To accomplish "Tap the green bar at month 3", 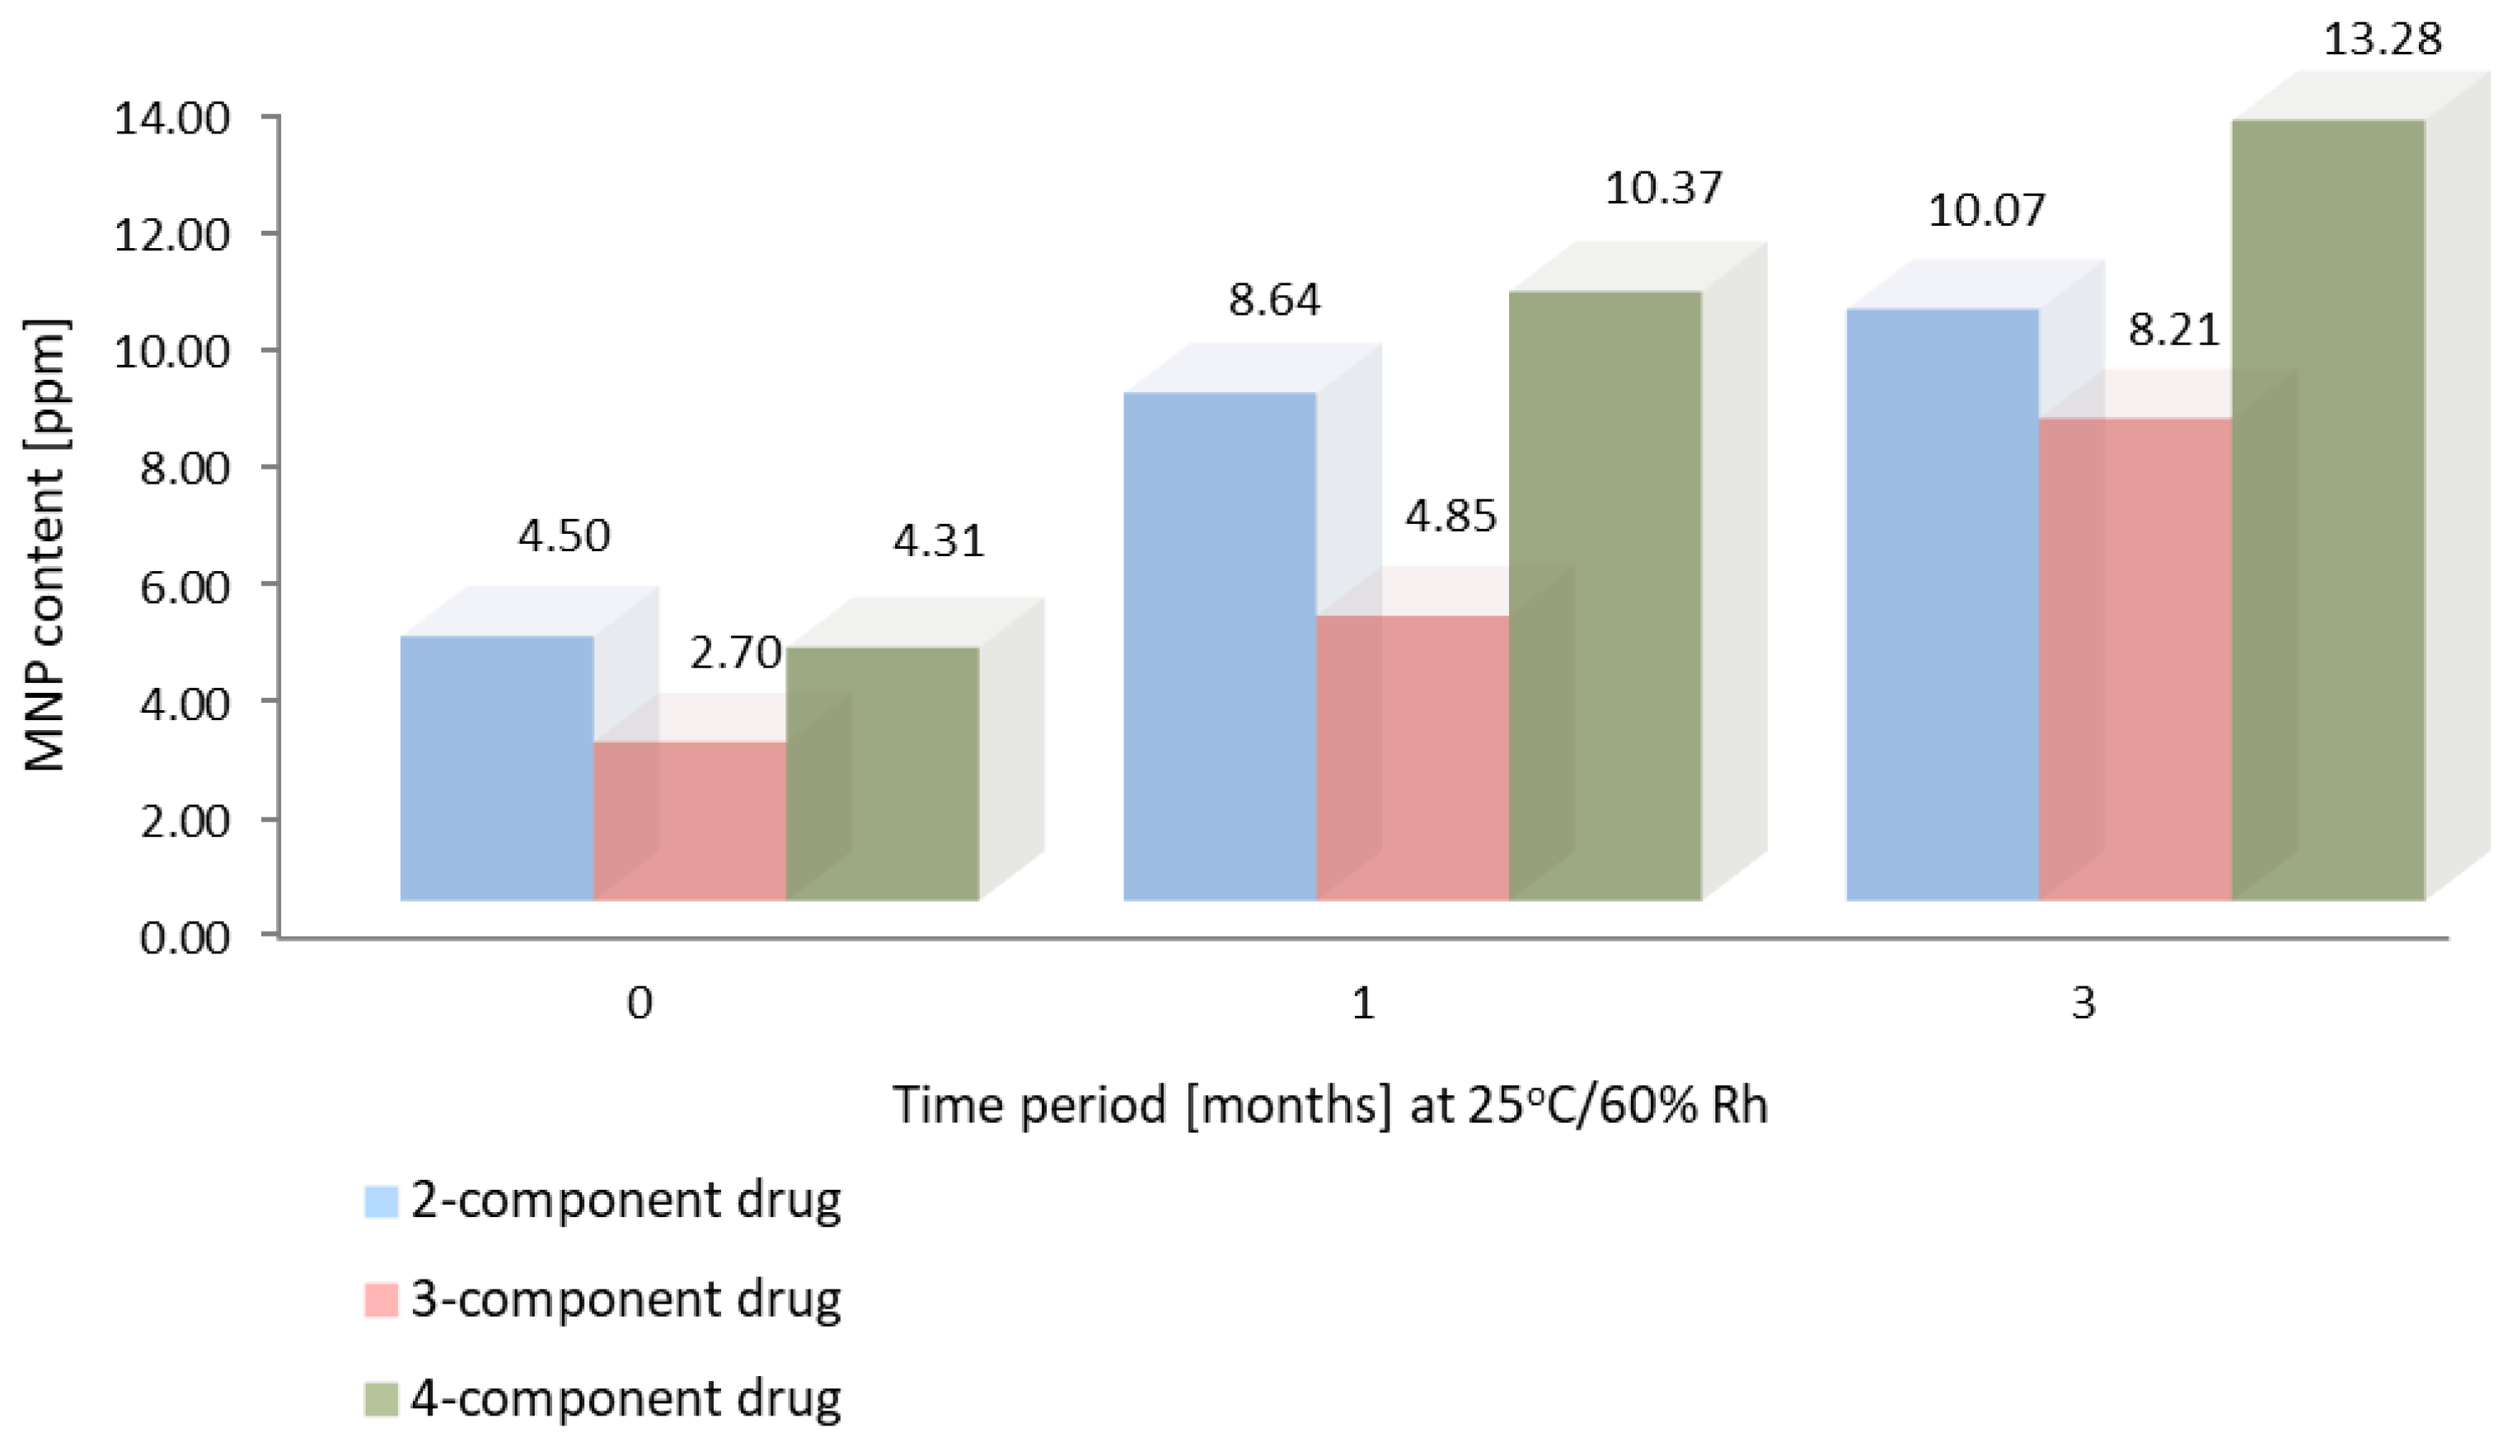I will tap(2327, 510).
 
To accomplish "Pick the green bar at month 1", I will tap(1605, 596).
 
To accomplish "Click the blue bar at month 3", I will tap(1942, 604).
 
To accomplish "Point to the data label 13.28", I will tap(2383, 40).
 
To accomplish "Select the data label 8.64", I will tap(1274, 299).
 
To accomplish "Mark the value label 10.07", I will tap(1985, 210).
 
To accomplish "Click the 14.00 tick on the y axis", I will tap(171, 119).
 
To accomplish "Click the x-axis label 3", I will tap(2083, 1004).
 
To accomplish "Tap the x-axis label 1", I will tap(1362, 1004).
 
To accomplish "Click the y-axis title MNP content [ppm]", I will tap(45, 545).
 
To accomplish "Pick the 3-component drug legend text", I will tap(625, 1299).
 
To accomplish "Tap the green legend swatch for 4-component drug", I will tap(381, 1399).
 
